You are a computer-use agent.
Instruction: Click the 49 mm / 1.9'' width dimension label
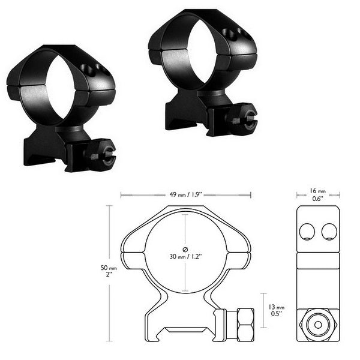pos(185,194)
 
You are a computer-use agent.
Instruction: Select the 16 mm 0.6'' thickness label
pos(317,194)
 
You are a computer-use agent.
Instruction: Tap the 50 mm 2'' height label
pos(109,272)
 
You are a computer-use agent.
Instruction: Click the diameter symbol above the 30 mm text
pos(185,248)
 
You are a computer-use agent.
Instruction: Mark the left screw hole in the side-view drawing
pos(307,230)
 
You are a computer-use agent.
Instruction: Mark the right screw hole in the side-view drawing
pos(329,230)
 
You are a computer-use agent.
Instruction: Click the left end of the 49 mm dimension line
pos(121,194)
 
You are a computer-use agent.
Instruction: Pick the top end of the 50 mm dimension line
pos(109,206)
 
